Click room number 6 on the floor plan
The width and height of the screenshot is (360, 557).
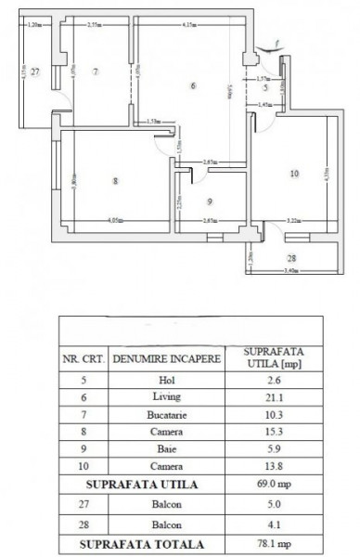(x=192, y=87)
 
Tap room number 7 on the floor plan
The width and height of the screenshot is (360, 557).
(x=96, y=71)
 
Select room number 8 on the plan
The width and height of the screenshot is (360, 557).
(x=115, y=182)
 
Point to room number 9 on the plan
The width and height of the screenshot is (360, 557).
(x=210, y=201)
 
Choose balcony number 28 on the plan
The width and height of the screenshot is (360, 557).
(x=290, y=257)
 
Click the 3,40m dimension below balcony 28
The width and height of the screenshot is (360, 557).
(x=290, y=271)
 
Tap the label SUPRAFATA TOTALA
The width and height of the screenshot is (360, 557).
(x=141, y=545)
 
